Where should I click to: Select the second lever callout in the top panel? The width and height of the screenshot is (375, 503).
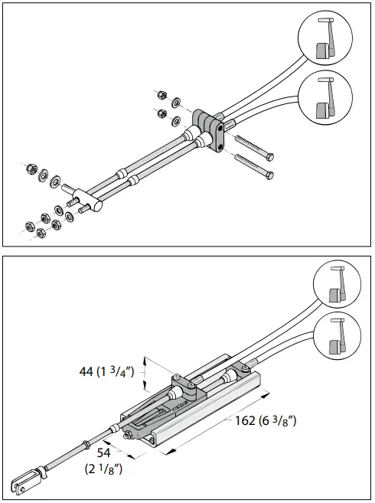(x=328, y=98)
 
